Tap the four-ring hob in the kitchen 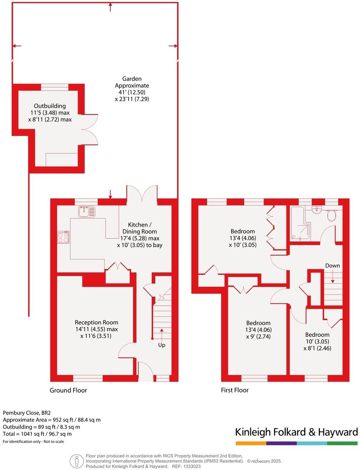click(64, 237)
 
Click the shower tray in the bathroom click(300, 223)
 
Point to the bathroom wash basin click(317, 210)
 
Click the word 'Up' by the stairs click(162, 345)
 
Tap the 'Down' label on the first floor click(332, 265)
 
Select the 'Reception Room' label click(96, 322)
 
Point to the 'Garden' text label click(132, 79)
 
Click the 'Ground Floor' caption click(68, 390)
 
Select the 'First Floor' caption click(235, 390)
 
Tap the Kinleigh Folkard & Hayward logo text click(296, 432)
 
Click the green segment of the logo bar click(342, 443)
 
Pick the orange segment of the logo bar click(251, 443)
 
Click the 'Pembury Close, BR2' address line click(27, 413)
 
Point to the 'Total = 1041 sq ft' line click(37, 434)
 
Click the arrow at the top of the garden click(110, 6)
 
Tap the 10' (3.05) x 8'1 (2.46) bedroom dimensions click(317, 345)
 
